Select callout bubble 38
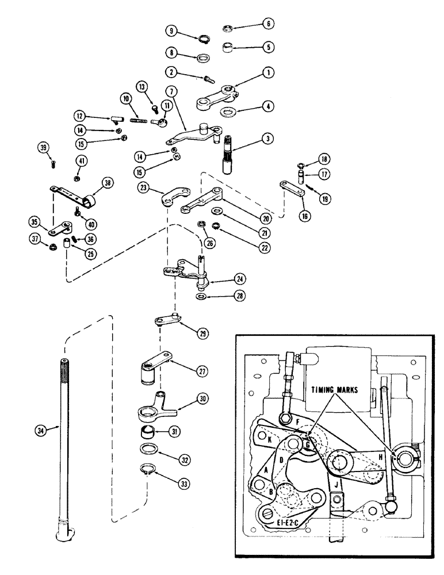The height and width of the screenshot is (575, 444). (107, 183)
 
